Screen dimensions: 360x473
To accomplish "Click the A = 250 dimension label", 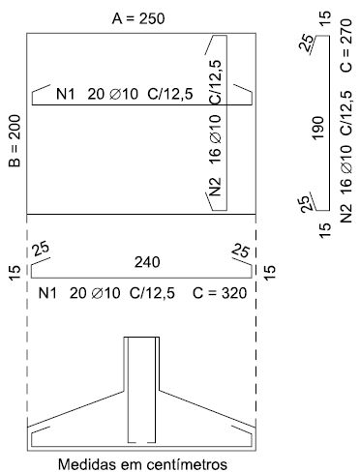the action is tap(138, 18).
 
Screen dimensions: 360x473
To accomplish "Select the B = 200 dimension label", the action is tap(15, 141).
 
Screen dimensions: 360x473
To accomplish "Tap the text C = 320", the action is tap(220, 293).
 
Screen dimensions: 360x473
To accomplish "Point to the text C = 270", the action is tap(345, 45).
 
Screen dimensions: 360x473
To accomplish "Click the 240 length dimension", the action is tap(147, 262).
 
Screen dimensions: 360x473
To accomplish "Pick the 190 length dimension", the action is tap(318, 128).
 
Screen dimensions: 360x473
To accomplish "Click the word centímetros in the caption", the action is tap(187, 464).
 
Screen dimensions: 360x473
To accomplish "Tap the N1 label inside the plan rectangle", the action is tap(66, 94).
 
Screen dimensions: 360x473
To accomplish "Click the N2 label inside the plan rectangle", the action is tap(215, 187).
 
